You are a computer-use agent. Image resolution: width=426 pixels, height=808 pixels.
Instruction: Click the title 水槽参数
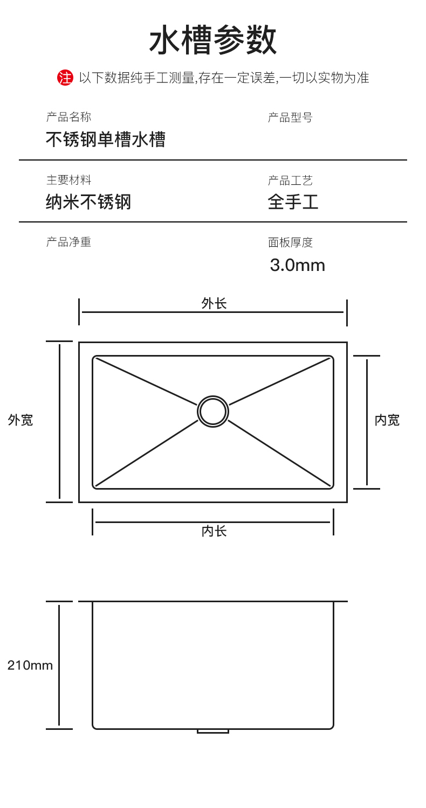coord(213,41)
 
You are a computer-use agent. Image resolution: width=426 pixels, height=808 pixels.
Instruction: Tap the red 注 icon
coord(65,78)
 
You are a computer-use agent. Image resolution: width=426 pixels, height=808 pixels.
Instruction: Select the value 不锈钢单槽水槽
coord(105,140)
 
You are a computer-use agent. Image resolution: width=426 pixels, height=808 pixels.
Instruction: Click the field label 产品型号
coord(290,117)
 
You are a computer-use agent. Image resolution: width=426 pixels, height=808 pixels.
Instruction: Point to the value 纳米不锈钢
coord(88,203)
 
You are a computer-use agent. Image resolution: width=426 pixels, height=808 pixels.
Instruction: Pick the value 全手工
coord(293,203)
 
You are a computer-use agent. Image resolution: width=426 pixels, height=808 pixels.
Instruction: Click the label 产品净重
coord(68,242)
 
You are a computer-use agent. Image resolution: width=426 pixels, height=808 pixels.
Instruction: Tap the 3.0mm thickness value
coord(297,265)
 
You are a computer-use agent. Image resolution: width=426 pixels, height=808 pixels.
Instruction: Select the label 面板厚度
coord(290,242)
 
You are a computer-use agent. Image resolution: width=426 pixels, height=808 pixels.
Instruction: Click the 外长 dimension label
coord(214,304)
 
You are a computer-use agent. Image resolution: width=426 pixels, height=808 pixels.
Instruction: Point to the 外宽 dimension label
coord(20,421)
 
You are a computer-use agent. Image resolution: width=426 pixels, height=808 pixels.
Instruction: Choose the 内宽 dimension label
coord(387,421)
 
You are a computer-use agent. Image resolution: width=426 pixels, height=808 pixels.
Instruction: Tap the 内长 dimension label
coord(214,532)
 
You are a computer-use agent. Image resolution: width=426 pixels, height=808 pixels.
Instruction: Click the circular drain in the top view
coord(213,412)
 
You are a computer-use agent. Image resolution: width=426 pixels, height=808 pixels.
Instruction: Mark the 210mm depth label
coord(30,665)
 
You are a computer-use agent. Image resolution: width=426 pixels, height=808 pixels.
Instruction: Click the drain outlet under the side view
coord(213,731)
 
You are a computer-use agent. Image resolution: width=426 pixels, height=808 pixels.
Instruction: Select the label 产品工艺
coord(290,180)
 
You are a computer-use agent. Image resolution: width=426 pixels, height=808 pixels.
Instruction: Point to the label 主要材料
coord(68,180)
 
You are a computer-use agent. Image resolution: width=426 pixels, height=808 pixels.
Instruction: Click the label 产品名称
coord(68,117)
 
